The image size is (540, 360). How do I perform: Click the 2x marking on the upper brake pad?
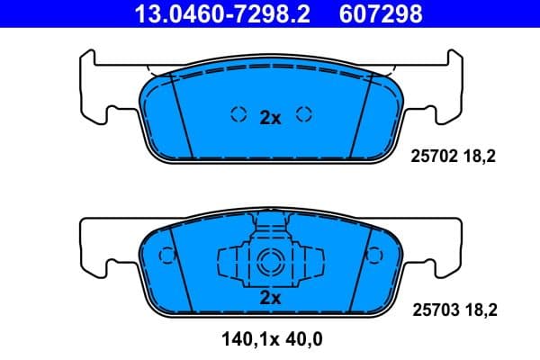[270, 117]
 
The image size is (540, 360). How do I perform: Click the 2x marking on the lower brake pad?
[270, 297]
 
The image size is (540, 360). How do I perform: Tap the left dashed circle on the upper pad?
[238, 114]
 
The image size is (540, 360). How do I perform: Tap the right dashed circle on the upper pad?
[304, 114]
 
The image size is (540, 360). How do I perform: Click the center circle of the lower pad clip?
[270, 263]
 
